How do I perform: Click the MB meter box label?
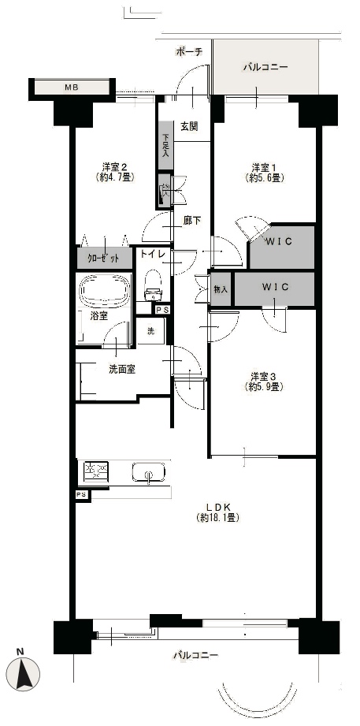(71, 87)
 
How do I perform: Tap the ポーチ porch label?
(189, 52)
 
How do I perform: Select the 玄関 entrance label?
(189, 126)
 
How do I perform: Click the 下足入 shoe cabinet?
(165, 145)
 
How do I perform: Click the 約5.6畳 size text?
(265, 177)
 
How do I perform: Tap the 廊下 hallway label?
(191, 221)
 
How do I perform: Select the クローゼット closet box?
(104, 259)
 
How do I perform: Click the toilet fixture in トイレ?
(152, 285)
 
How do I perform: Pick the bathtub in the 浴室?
(104, 292)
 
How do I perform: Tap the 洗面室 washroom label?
(122, 370)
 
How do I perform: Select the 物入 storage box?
(221, 289)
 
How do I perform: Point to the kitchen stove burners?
(96, 472)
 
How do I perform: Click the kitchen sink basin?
(148, 473)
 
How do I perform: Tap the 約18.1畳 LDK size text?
(217, 518)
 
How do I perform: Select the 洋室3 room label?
(264, 375)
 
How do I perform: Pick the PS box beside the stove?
(82, 494)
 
